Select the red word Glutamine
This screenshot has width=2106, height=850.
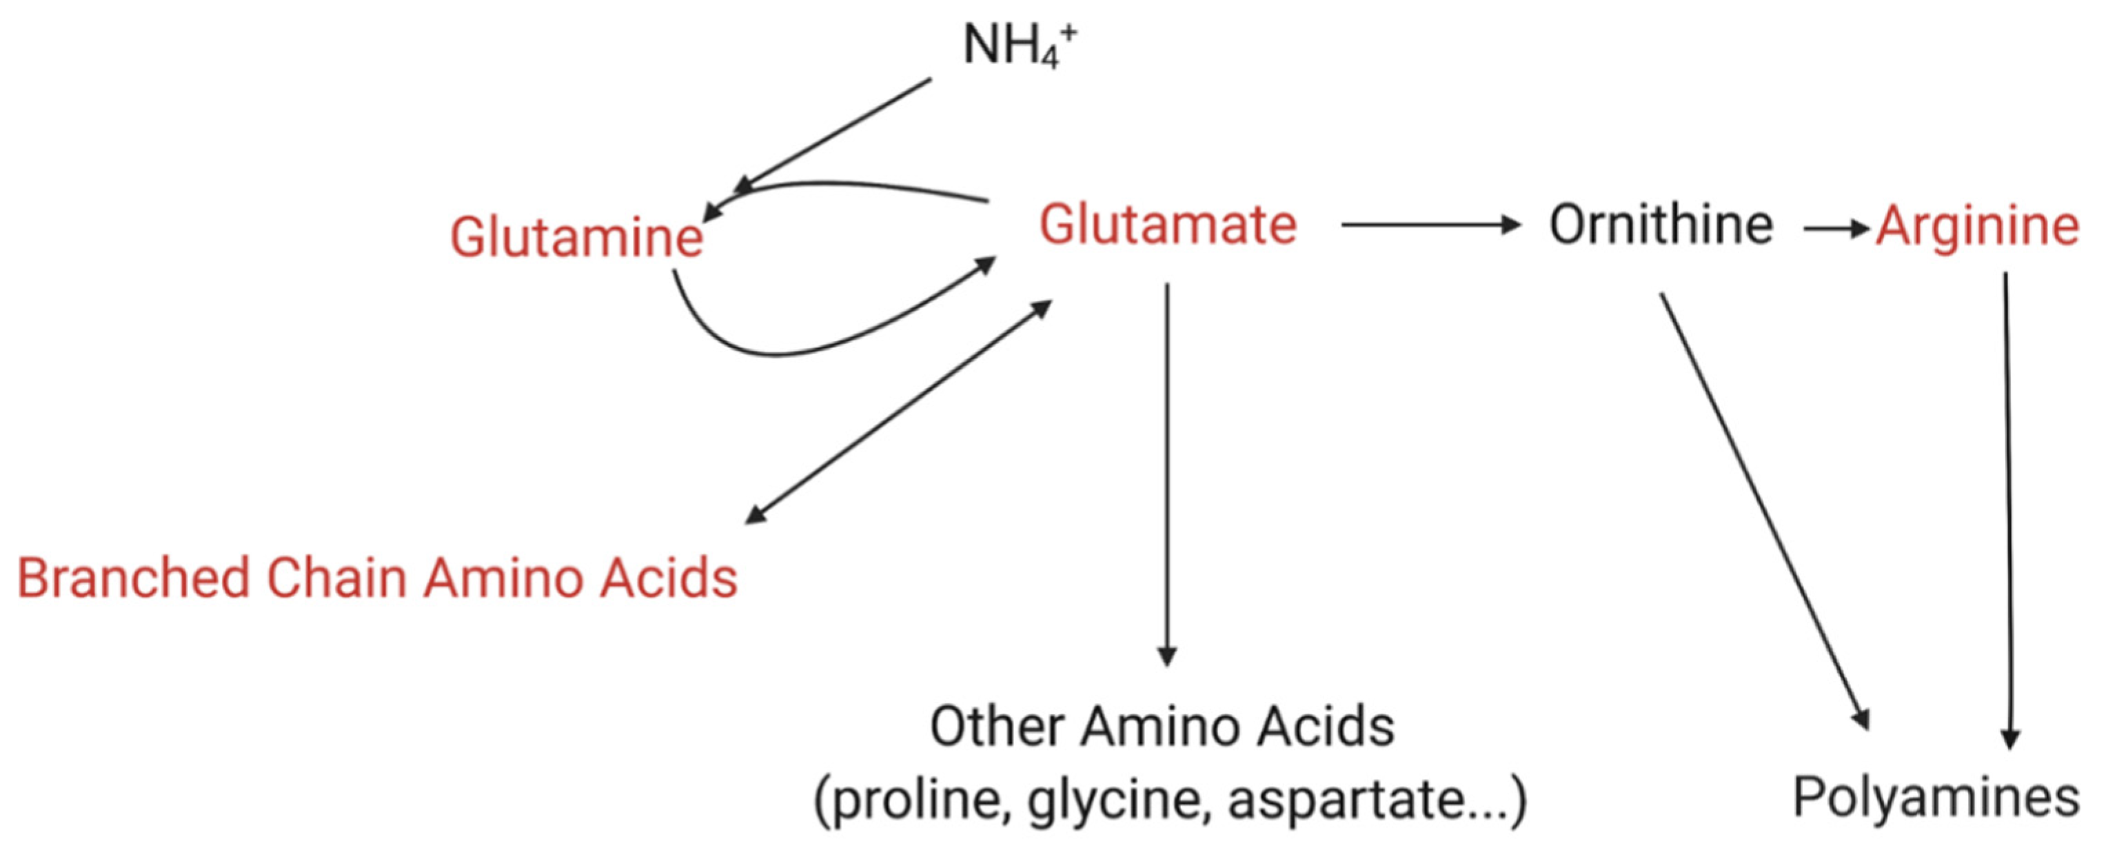(576, 237)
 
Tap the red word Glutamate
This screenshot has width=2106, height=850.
(1168, 225)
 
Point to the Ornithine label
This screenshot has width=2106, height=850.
(1661, 225)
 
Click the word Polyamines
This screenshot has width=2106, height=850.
(1936, 797)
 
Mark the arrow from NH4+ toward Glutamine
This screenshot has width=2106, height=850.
(834, 136)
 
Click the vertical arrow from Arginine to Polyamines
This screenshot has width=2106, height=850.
(2007, 507)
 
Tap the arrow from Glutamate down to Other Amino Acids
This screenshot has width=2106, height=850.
(1166, 474)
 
